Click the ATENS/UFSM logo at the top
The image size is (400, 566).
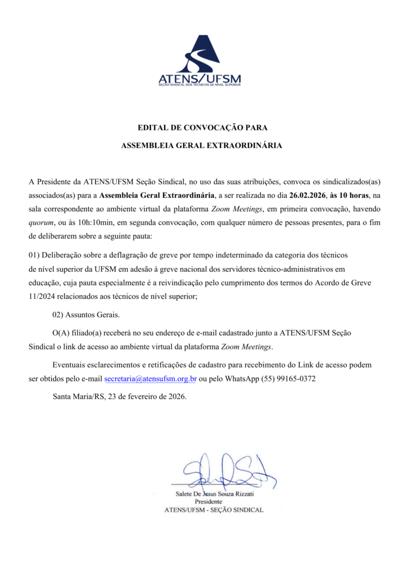point(199,61)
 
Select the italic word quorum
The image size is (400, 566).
point(40,223)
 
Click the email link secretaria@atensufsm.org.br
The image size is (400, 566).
point(150,379)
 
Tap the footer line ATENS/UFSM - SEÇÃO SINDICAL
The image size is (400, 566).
point(214,510)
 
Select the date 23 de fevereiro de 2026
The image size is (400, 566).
point(148,396)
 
